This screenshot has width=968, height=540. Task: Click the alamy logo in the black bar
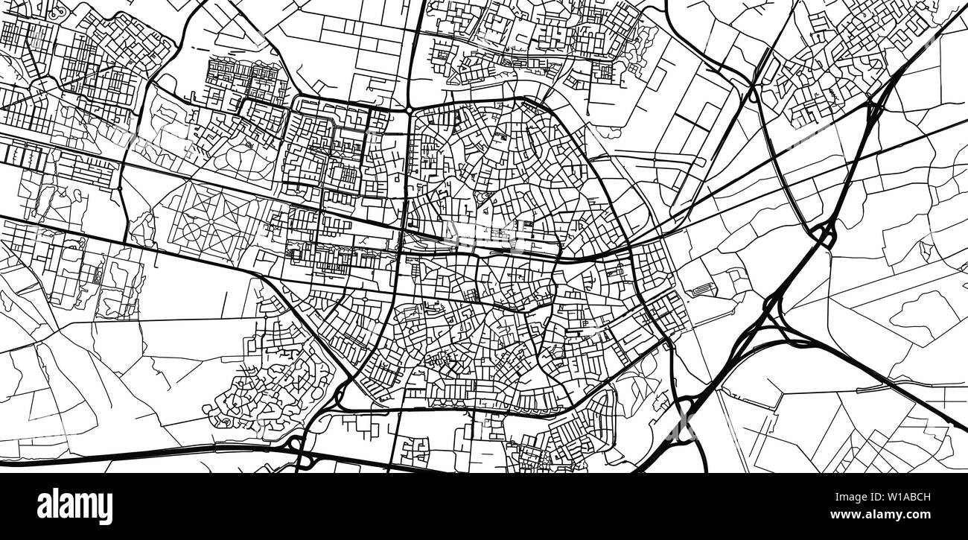pyautogui.click(x=74, y=506)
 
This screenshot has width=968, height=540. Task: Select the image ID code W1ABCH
pyautogui.click(x=917, y=495)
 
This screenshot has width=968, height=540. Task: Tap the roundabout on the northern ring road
pyautogui.click(x=409, y=109)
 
